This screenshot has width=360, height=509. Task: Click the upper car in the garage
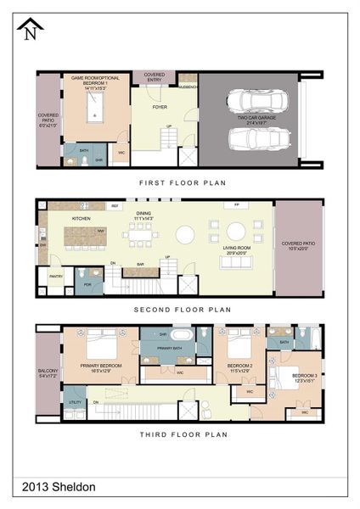pyautogui.click(x=260, y=104)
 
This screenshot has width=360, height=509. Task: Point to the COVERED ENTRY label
pyautogui.click(x=154, y=76)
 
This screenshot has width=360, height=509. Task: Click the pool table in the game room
pyautogui.click(x=95, y=107)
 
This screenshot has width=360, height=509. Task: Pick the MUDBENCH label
pyautogui.click(x=188, y=87)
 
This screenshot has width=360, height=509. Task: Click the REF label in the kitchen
pyautogui.click(x=115, y=206)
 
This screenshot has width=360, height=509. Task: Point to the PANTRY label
pyautogui.click(x=56, y=276)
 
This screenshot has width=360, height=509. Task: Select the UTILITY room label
pyautogui.click(x=74, y=402)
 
